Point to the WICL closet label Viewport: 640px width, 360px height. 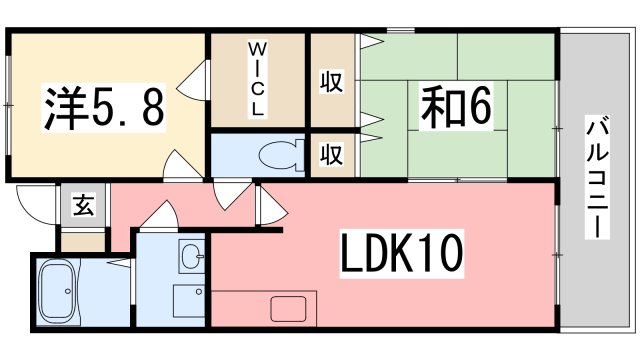point(257,79)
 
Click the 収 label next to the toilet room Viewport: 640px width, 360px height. point(331,156)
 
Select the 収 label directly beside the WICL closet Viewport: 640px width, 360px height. point(331,81)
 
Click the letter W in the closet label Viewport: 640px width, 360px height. point(257,48)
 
